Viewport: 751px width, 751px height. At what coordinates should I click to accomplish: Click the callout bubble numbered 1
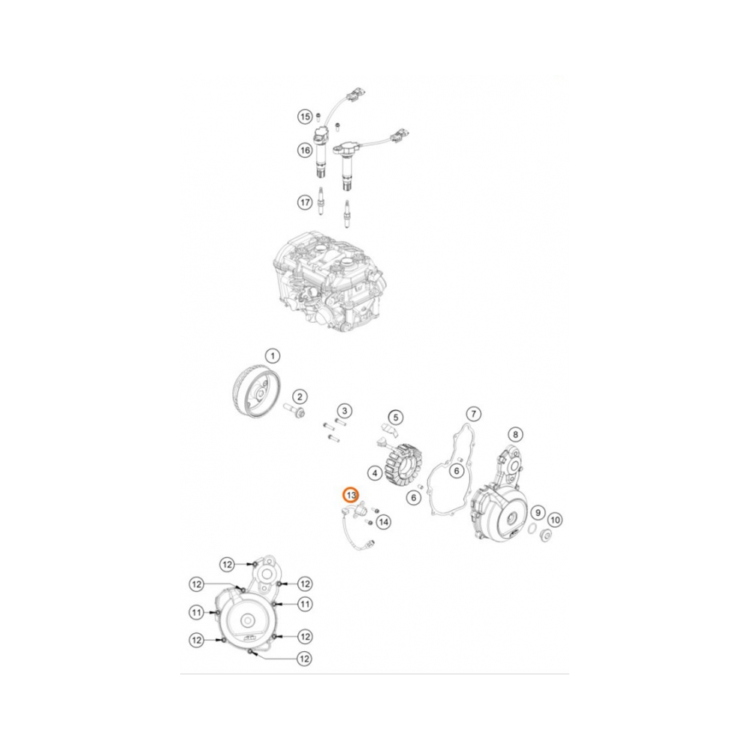(x=273, y=355)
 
